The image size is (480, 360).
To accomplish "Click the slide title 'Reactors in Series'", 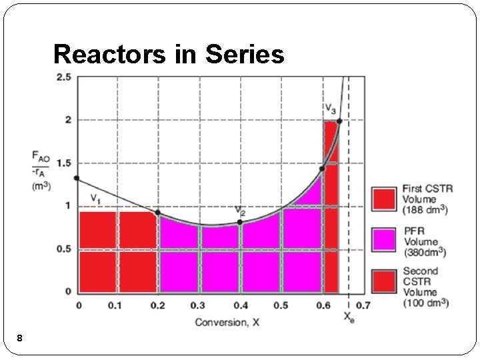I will click(169, 54).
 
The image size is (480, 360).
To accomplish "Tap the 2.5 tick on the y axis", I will click(63, 77).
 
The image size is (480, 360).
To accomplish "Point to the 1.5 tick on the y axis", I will click(63, 163).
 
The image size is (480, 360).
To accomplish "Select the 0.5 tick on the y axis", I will click(63, 249).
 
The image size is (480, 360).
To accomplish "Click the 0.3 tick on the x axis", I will click(198, 305).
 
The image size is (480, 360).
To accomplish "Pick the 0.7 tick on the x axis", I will click(363, 305).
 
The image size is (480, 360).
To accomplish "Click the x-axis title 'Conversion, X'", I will click(227, 323).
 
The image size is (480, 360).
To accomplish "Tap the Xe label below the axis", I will click(349, 317).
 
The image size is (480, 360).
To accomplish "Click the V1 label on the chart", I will click(97, 198).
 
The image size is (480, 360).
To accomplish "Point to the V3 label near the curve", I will click(330, 108).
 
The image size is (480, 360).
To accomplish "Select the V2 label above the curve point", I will click(240, 210).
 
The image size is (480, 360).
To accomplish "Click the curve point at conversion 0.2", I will click(158, 213).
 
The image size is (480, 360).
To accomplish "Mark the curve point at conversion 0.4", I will click(240, 222).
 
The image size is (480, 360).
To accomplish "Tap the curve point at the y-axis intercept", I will click(77, 178).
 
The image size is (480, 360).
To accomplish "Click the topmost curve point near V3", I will click(339, 121).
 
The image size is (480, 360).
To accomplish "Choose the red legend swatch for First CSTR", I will click(384, 199).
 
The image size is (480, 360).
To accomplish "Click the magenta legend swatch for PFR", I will click(384, 240).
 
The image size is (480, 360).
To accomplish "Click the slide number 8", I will click(20, 339).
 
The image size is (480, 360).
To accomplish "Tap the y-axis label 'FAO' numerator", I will click(41, 156).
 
